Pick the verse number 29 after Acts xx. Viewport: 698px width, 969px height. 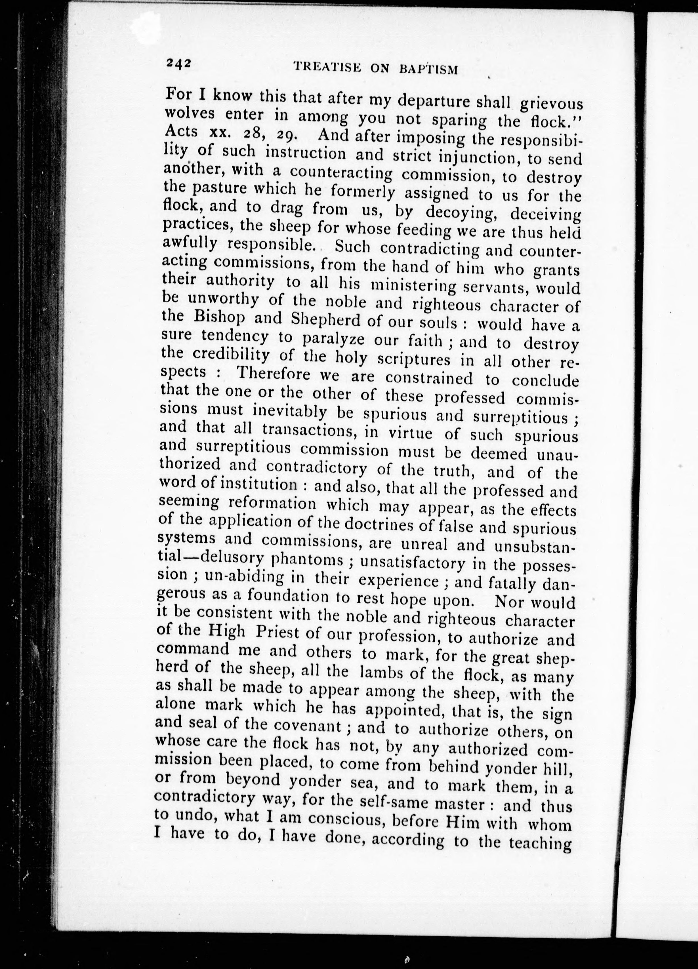pos(285,135)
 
